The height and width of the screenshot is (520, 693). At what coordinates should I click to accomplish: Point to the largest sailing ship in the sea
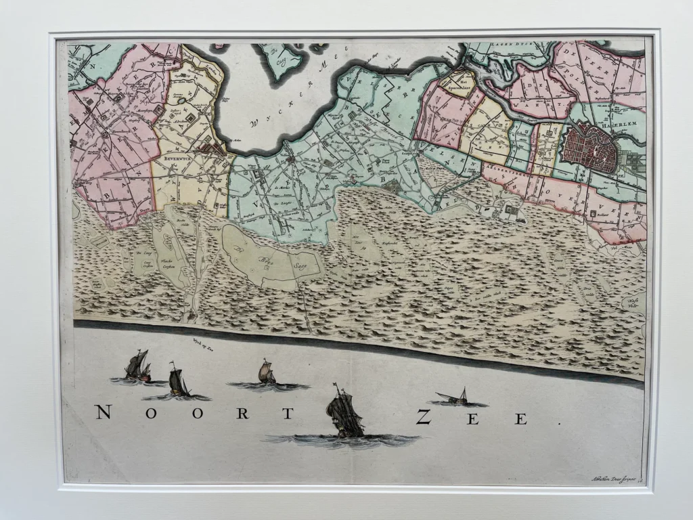point(344,412)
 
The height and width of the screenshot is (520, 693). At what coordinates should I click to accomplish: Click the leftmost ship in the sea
point(137,366)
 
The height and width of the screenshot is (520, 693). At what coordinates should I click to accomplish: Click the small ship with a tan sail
point(266,372)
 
